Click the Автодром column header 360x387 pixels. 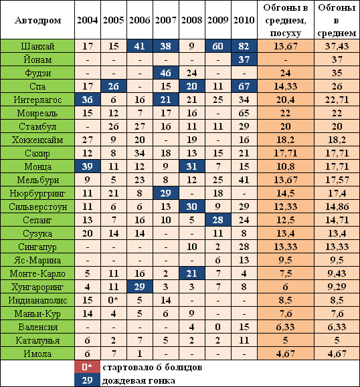point(37,20)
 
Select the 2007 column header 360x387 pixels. point(165,20)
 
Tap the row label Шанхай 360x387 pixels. point(37,46)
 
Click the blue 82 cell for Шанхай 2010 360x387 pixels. point(244,46)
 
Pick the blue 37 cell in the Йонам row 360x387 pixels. point(244,59)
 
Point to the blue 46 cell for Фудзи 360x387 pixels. point(165,73)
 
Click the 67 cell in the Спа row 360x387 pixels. point(244,86)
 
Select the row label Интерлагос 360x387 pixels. point(37,100)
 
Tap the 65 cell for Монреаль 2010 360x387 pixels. point(244,113)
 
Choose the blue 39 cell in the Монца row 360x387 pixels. point(88,166)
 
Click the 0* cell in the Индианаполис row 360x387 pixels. point(113,300)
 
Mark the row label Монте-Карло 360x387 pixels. point(37,273)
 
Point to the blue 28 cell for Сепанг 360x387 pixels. point(218,220)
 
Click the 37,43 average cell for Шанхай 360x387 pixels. point(337,46)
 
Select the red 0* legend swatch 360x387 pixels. point(88,367)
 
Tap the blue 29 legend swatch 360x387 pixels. point(88,380)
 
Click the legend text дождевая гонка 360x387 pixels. point(139,380)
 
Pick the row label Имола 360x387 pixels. point(37,354)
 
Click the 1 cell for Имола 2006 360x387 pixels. point(140,354)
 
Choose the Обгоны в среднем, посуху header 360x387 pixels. point(286,20)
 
